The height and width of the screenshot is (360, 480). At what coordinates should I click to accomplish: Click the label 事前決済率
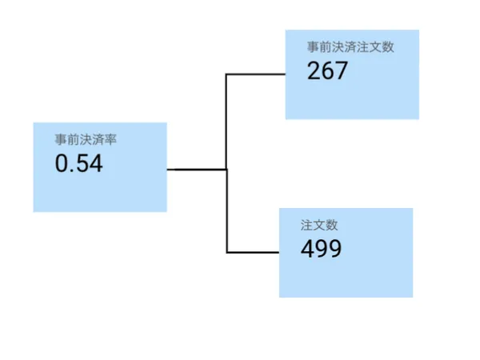[x=86, y=140]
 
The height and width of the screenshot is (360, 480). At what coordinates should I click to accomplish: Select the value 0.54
[x=78, y=164]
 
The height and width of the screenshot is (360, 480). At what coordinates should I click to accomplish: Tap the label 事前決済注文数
[x=350, y=46]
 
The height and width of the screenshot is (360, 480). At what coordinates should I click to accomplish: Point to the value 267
[x=327, y=71]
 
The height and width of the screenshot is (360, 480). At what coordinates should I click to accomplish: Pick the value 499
[x=321, y=249]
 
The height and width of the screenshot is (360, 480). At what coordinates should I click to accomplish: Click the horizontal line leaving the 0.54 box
[x=196, y=170]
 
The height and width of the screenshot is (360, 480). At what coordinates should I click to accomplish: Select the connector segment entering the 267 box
[x=256, y=74]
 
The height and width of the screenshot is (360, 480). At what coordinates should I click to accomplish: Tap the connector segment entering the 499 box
[x=253, y=253]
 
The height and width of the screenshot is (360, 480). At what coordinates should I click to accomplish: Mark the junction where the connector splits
[x=227, y=170]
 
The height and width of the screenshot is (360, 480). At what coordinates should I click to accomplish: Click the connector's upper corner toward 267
[x=227, y=74]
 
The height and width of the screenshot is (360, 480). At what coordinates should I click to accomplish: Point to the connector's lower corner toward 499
[x=227, y=253]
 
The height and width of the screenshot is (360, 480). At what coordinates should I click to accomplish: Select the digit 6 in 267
[x=327, y=71]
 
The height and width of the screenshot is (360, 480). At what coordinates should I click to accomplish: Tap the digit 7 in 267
[x=342, y=71]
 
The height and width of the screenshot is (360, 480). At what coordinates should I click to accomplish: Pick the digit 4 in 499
[x=307, y=249]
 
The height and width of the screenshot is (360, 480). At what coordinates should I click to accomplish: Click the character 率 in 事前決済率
[x=112, y=140]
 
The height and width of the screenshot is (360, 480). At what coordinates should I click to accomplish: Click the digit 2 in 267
[x=314, y=71]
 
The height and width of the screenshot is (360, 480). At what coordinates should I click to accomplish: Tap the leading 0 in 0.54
[x=62, y=164]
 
